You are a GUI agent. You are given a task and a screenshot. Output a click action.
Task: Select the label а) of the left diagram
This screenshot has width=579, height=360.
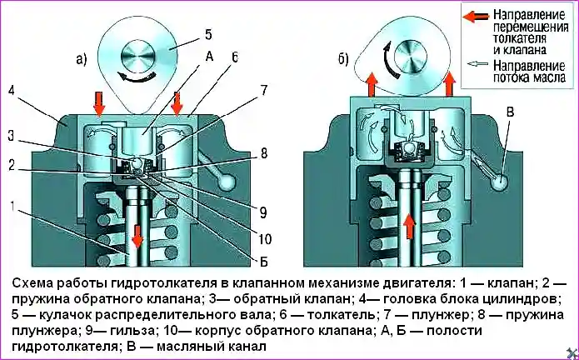tap(81, 59)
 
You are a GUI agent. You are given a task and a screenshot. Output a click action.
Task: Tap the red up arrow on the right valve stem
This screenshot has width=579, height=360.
tap(407, 223)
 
